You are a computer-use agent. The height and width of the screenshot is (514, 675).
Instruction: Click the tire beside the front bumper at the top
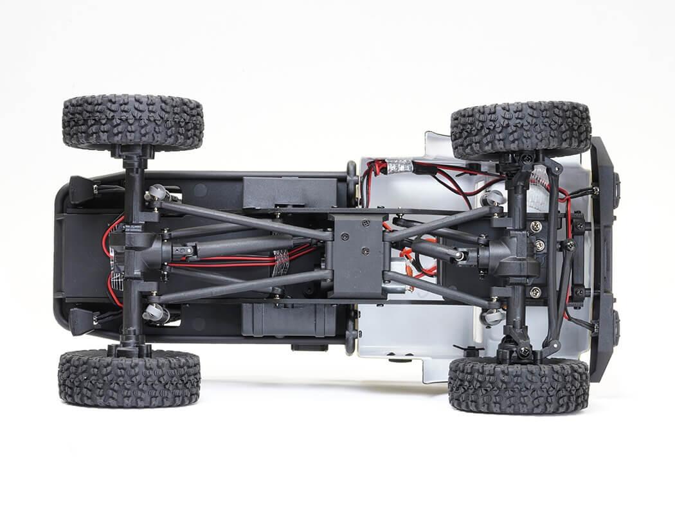[520, 130]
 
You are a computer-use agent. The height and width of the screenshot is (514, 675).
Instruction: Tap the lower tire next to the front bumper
[518, 384]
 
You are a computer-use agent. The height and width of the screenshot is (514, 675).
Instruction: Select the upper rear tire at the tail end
[133, 123]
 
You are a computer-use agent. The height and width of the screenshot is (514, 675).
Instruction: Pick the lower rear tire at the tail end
[129, 378]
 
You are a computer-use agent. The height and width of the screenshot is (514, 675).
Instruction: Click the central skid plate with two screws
[357, 255]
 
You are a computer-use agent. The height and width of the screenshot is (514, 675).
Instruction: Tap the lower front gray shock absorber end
[492, 316]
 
